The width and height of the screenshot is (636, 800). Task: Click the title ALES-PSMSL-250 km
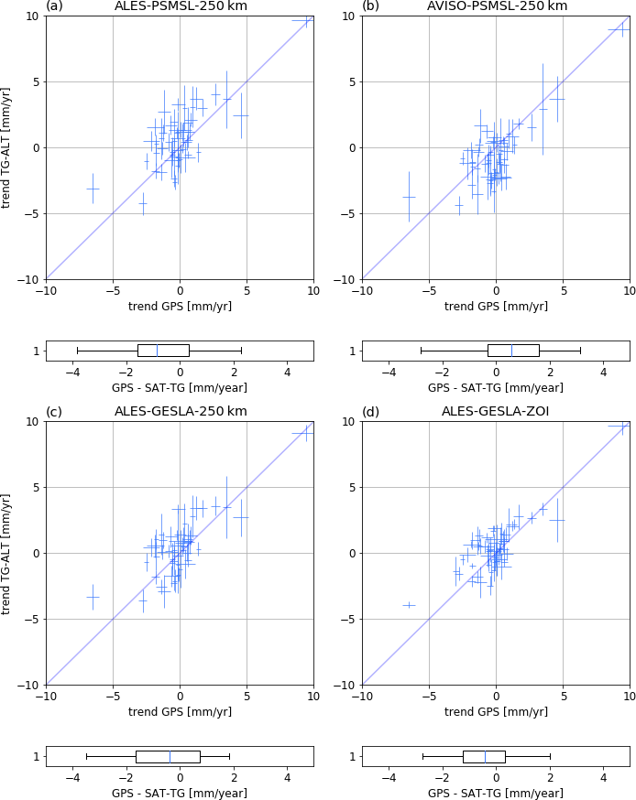181,6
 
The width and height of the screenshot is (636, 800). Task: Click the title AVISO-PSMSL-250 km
497,6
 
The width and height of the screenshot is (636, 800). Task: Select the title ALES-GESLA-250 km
180,412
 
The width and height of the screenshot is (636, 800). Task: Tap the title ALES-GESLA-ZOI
496,412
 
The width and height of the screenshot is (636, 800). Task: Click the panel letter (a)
54,6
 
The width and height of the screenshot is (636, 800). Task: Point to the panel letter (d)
370,412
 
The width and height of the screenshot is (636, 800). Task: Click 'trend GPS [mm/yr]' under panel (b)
496,306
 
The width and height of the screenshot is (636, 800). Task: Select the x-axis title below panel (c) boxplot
180,794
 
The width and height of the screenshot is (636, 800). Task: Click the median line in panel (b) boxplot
511,351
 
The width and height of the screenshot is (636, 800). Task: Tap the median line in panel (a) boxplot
157,351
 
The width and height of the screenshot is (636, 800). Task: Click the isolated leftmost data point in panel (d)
409,604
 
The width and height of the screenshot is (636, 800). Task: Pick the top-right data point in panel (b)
621,29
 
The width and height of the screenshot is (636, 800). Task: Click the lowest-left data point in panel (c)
93,597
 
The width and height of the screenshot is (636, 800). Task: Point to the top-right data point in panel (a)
304,20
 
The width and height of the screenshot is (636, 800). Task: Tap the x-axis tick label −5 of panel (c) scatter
112,697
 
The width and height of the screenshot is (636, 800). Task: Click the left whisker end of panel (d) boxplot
422,756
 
